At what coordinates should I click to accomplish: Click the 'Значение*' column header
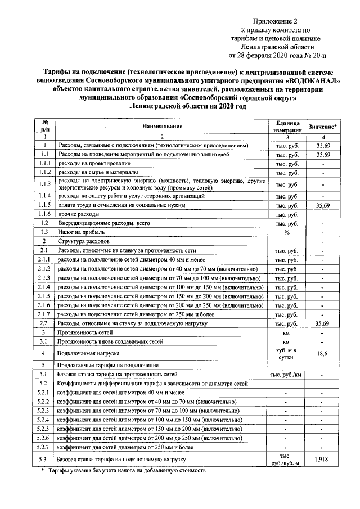click(x=323, y=127)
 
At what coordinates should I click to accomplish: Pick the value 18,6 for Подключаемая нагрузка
click(x=323, y=353)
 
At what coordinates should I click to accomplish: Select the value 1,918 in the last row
click(x=323, y=460)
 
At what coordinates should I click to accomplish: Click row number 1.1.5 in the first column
click(x=45, y=205)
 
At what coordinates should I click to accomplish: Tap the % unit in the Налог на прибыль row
click(x=286, y=232)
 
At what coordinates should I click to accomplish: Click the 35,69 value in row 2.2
click(x=323, y=324)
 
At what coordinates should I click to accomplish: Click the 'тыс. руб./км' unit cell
click(x=286, y=373)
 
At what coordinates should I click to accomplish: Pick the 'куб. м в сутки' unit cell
click(x=286, y=353)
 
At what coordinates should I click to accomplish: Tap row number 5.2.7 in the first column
click(x=45, y=447)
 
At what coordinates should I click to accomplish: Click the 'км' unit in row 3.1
click(x=286, y=341)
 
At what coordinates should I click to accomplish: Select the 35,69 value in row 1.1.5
click(x=323, y=205)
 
